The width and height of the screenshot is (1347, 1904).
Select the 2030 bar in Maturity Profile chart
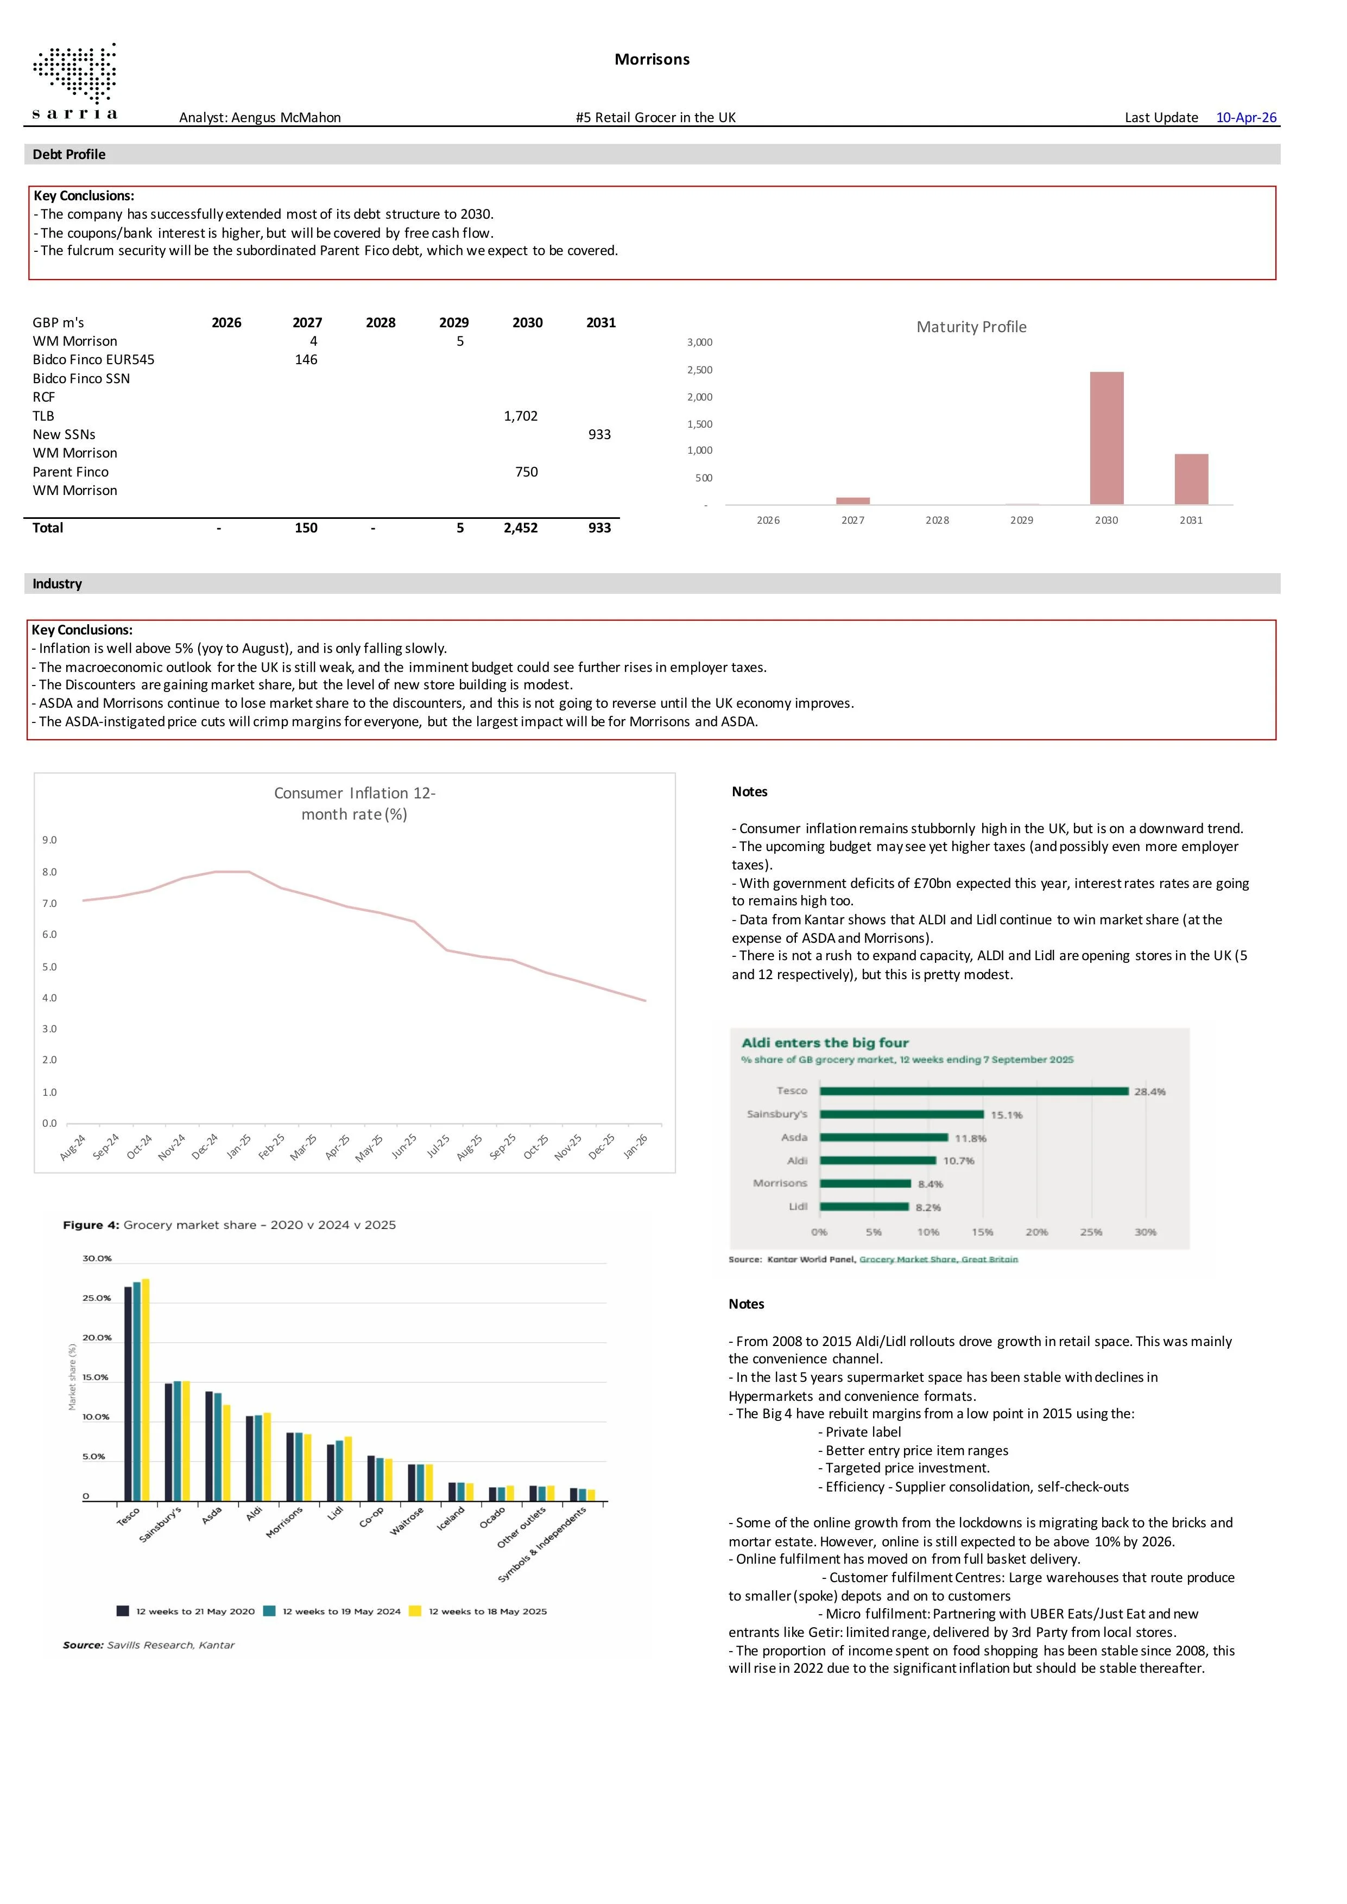pyautogui.click(x=1106, y=438)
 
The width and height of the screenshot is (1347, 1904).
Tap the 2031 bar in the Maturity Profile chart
pyautogui.click(x=1191, y=479)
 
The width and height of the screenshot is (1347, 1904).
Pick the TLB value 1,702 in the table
pyautogui.click(x=520, y=415)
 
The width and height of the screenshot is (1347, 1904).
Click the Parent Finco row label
pyautogui.click(x=71, y=472)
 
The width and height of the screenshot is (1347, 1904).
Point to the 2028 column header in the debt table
pyautogui.click(x=380, y=322)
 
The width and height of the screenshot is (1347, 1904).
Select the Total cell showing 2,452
pyautogui.click(x=520, y=528)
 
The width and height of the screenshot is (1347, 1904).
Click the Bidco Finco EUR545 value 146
pyautogui.click(x=306, y=359)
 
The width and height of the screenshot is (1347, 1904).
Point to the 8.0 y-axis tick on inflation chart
pyautogui.click(x=50, y=872)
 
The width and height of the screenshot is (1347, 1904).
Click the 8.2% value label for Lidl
pyautogui.click(x=928, y=1208)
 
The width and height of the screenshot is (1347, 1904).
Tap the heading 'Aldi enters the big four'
pyautogui.click(x=825, y=1043)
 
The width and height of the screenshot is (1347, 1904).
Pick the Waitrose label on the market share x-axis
pyautogui.click(x=407, y=1521)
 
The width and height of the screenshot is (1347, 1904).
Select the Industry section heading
pyautogui.click(x=57, y=584)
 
